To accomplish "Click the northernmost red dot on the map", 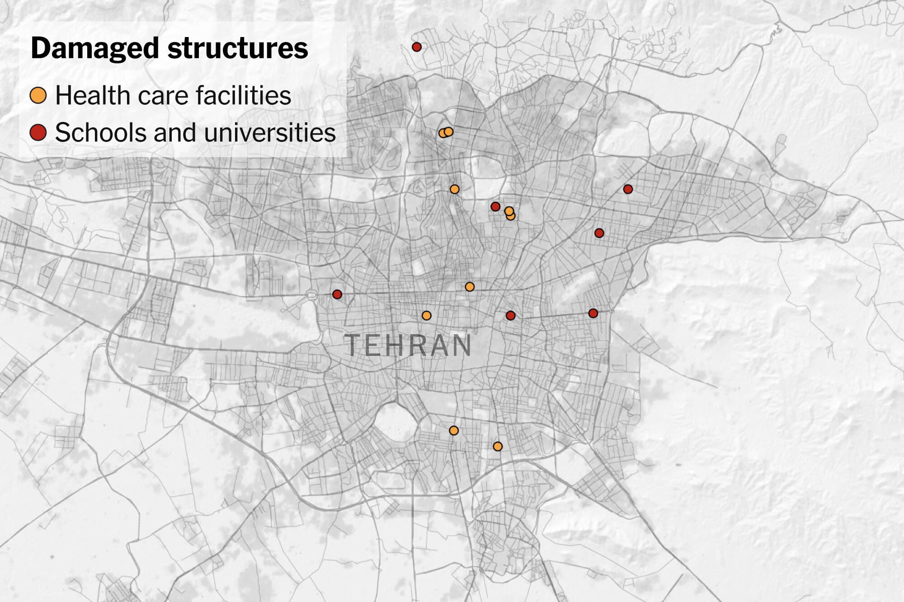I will click(x=417, y=47).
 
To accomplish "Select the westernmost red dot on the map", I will click(x=337, y=294).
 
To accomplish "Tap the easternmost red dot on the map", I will click(x=628, y=189).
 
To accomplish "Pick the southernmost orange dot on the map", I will click(x=498, y=446).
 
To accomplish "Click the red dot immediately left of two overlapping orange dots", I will click(x=495, y=206).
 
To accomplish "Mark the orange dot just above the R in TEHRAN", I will click(x=426, y=316).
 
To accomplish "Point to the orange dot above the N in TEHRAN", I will click(x=470, y=287).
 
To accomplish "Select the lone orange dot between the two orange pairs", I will click(x=455, y=189).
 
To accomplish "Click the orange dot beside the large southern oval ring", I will click(x=454, y=430).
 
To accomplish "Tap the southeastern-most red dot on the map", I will click(x=593, y=313).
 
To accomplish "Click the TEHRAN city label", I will click(x=408, y=345).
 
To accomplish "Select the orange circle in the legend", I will click(x=38, y=96).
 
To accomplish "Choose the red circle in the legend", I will click(x=38, y=133).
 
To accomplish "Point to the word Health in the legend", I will click(x=93, y=96).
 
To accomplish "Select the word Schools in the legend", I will click(x=100, y=133).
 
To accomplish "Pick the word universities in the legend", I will click(x=270, y=133).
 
